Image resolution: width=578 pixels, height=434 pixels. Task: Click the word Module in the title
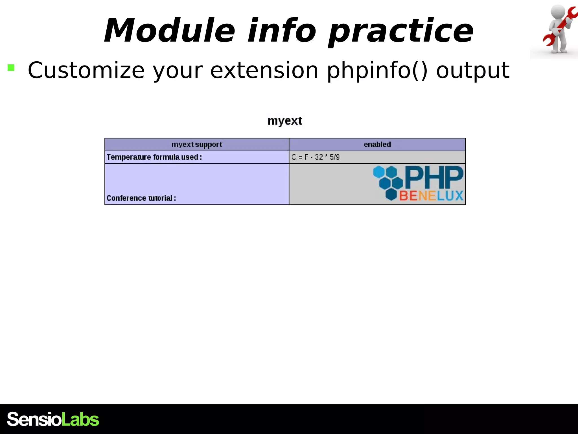(x=169, y=31)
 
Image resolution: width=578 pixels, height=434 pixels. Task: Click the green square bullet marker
(x=11, y=68)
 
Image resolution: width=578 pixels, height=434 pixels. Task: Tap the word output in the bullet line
(x=473, y=71)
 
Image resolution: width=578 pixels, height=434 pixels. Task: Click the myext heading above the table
(x=285, y=121)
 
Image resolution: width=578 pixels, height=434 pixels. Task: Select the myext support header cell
(x=197, y=144)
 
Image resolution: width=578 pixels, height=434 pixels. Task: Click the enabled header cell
(x=377, y=144)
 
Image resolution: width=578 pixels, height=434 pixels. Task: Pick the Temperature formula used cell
(x=154, y=157)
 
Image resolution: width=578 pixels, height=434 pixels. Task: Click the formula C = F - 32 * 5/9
(x=315, y=157)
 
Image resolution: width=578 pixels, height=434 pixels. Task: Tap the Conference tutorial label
(x=141, y=198)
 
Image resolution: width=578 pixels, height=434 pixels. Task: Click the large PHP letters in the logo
(x=434, y=177)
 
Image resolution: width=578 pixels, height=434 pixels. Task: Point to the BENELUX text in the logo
(x=431, y=196)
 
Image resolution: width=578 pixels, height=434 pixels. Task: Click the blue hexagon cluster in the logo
(x=388, y=181)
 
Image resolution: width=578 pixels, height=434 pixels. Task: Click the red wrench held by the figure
(x=560, y=27)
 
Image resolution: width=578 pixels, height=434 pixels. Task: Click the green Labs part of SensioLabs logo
(x=80, y=419)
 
